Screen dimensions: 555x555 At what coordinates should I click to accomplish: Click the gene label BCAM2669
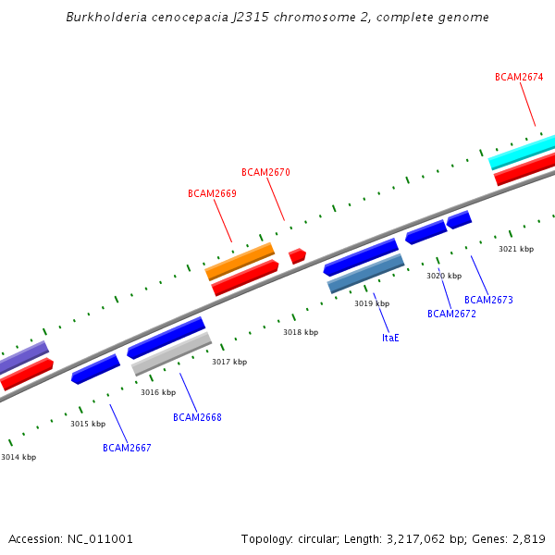click(x=212, y=194)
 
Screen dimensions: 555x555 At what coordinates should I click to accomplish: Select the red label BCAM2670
click(x=265, y=173)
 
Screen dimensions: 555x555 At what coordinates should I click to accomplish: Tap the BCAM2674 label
click(x=519, y=78)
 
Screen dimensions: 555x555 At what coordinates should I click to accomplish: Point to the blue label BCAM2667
click(x=127, y=449)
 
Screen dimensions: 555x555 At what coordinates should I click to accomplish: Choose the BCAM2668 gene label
click(x=197, y=418)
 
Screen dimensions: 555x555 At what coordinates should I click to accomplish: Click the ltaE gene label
click(x=390, y=339)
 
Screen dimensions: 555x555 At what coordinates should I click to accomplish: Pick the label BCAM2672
click(x=451, y=314)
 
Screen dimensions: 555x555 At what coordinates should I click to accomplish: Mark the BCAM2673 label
click(x=488, y=301)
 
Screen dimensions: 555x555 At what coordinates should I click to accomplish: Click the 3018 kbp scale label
click(x=301, y=332)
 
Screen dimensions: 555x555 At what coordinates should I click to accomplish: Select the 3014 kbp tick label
click(x=18, y=458)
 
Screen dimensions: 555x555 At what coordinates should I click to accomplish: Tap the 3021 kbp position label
click(x=516, y=250)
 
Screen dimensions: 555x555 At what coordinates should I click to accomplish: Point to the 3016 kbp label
click(x=158, y=393)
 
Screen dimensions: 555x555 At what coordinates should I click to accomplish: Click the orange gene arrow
click(x=240, y=261)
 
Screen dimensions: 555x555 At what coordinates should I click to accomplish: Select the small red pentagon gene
click(x=297, y=255)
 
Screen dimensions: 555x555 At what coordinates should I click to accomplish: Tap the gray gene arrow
click(x=172, y=354)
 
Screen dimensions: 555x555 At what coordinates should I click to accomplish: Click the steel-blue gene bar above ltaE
click(x=365, y=275)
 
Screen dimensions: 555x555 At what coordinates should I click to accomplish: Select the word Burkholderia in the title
click(x=104, y=18)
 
